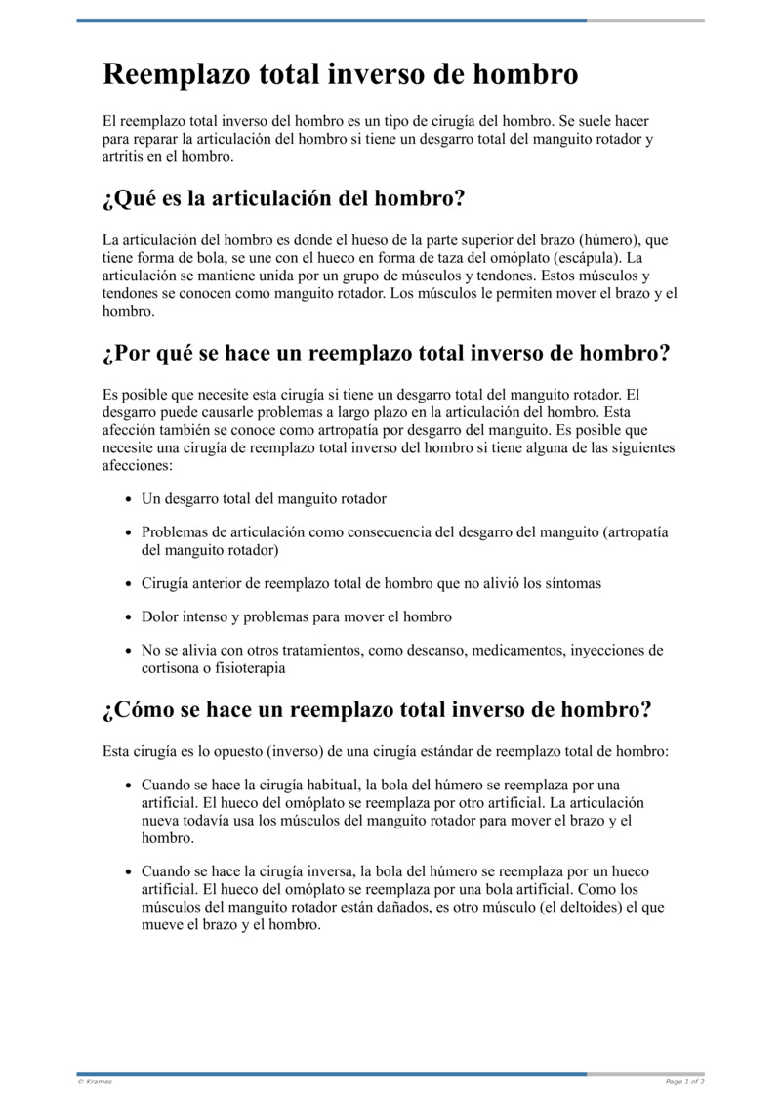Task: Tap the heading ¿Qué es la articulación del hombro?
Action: (283, 199)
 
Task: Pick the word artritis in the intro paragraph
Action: (124, 156)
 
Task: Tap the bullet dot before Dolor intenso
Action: (129, 617)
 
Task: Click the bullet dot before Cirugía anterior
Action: (129, 584)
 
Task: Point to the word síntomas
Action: (570, 583)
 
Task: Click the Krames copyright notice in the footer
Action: (95, 1081)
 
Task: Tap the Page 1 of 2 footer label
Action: (684, 1081)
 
